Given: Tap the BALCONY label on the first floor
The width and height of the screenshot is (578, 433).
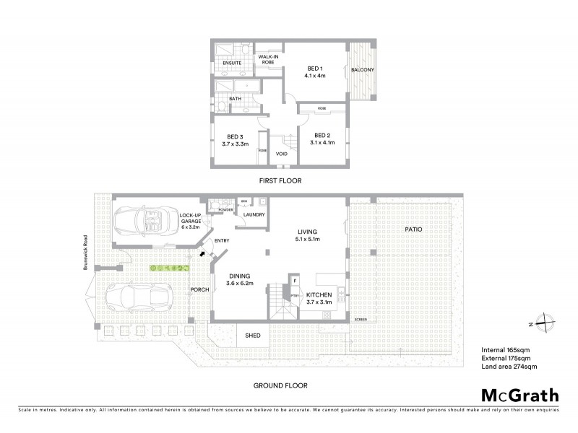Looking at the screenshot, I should click(x=362, y=70).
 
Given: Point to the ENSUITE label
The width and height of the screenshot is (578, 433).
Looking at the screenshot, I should click(x=232, y=63).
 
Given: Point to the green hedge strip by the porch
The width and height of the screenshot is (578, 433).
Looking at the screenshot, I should click(x=169, y=268).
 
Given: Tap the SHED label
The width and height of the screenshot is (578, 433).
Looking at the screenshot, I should click(x=252, y=335).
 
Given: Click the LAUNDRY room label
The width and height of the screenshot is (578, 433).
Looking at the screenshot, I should click(x=254, y=214).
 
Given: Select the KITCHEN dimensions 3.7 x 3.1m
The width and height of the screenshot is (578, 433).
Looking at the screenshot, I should click(x=319, y=303).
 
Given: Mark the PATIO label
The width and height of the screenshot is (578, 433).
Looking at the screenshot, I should click(x=413, y=229).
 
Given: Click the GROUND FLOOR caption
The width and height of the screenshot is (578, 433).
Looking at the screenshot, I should click(x=280, y=385).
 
